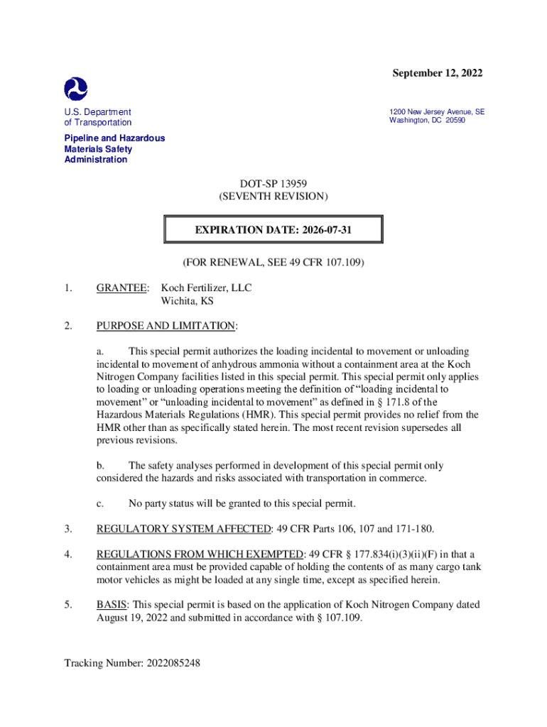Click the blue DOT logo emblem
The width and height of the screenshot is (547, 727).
[x=76, y=88]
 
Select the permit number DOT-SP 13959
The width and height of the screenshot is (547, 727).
[x=273, y=183]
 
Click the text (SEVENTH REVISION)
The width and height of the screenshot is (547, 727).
[x=273, y=196]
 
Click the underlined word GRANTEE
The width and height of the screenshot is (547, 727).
[x=122, y=288]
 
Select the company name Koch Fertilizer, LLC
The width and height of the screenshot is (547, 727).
[x=206, y=288]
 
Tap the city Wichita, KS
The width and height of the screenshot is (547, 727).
[x=188, y=300]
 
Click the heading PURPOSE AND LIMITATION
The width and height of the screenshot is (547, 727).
[x=166, y=326]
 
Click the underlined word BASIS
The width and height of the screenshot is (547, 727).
[x=112, y=605]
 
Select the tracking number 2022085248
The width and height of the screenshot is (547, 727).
[x=174, y=664]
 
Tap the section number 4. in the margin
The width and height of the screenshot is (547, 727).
[x=68, y=554]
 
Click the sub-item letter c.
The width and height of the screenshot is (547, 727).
[x=100, y=503]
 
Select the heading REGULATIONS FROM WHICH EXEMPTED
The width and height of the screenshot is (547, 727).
[x=200, y=554]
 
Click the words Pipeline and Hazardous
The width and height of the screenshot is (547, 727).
[x=114, y=138]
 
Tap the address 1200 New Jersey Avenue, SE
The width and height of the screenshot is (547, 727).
[x=437, y=111]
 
